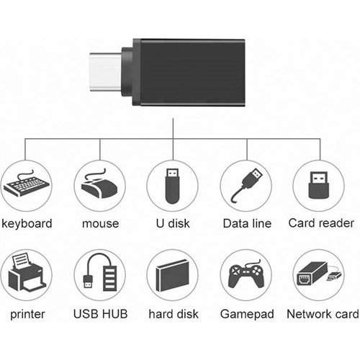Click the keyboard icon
click(27, 186)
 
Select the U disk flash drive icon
click(173, 186)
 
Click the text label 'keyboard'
click(27, 224)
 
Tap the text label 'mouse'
click(100, 224)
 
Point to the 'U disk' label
click(173, 224)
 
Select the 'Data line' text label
click(246, 224)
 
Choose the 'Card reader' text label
click(321, 224)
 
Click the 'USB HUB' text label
click(100, 315)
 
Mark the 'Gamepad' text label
click(246, 315)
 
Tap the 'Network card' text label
click(322, 315)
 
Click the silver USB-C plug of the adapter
click(105, 72)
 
